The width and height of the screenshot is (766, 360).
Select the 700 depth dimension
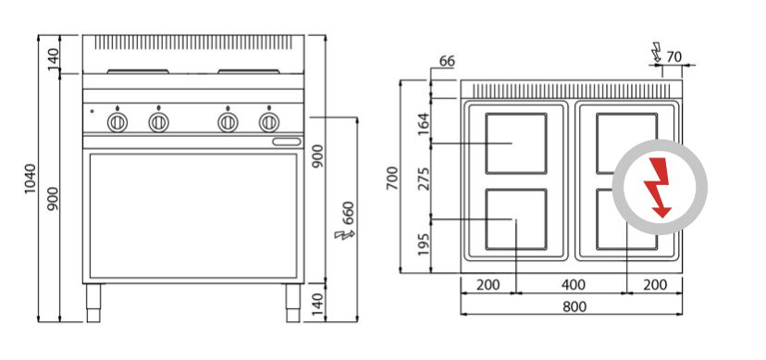tap(392, 178)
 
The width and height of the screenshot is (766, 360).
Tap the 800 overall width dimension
tap(574, 306)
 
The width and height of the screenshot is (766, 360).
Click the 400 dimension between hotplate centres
tap(573, 284)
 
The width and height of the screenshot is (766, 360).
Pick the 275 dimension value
tap(423, 179)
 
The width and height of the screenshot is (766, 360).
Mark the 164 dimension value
tap(423, 124)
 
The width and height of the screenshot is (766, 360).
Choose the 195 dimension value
tap(423, 243)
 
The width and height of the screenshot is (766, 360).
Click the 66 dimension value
tap(447, 61)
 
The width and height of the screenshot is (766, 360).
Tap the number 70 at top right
tap(673, 57)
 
